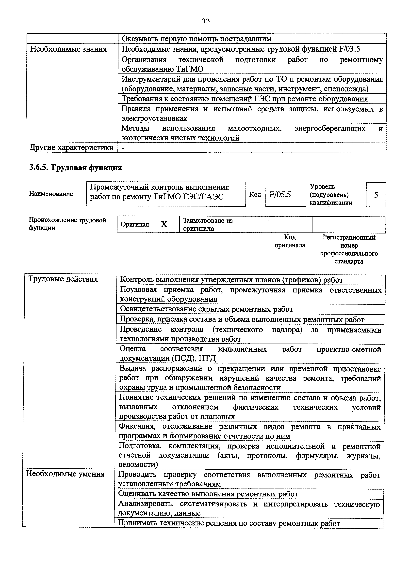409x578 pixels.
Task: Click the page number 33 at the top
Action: tap(206, 21)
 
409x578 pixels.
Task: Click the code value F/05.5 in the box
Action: tap(280, 194)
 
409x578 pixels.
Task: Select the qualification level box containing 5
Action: tap(376, 195)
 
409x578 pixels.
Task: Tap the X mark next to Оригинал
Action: tap(164, 224)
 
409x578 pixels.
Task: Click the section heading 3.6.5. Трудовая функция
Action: tap(75, 167)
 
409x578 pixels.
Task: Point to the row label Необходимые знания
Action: tap(68, 49)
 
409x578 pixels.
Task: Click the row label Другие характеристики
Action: tap(71, 147)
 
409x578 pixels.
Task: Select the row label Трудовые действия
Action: tap(63, 279)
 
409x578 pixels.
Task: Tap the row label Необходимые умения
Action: tap(65, 474)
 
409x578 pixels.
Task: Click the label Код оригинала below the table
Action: tap(290, 241)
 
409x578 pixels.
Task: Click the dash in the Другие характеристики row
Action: tap(123, 148)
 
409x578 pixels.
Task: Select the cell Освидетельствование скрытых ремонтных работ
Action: tap(206, 309)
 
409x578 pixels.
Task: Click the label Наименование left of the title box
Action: tap(51, 194)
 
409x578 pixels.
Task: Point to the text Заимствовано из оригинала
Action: tap(208, 224)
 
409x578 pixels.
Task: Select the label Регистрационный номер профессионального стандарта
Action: tap(349, 249)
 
